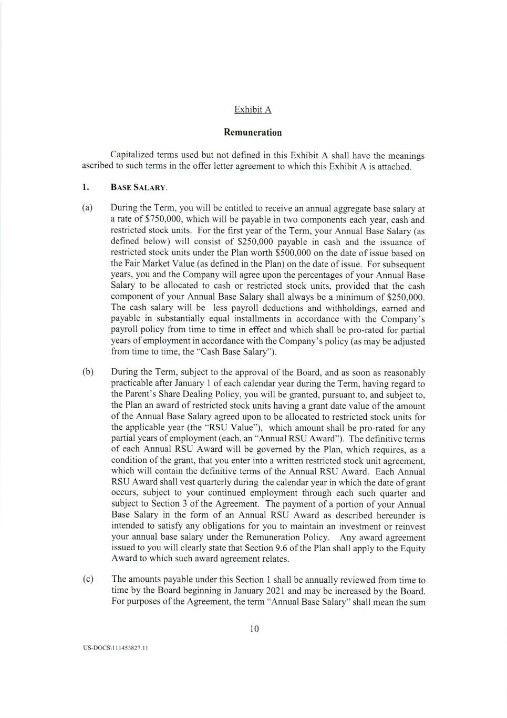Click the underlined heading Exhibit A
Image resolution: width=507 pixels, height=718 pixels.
tap(253, 109)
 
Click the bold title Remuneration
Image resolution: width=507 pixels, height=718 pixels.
tap(253, 133)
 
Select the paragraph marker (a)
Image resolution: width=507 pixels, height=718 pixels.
tap(87, 208)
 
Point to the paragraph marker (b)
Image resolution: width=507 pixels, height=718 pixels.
tap(88, 372)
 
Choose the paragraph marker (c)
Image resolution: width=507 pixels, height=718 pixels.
tap(87, 579)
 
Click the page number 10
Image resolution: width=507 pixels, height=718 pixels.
tap(255, 629)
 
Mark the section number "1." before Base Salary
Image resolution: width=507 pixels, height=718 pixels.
tap(85, 187)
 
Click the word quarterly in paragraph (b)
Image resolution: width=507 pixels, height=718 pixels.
tap(240, 482)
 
